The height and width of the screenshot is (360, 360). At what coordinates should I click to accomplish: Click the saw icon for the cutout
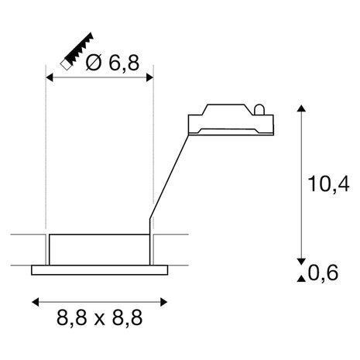point(77,53)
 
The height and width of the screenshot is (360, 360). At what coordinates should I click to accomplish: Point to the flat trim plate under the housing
point(100,270)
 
